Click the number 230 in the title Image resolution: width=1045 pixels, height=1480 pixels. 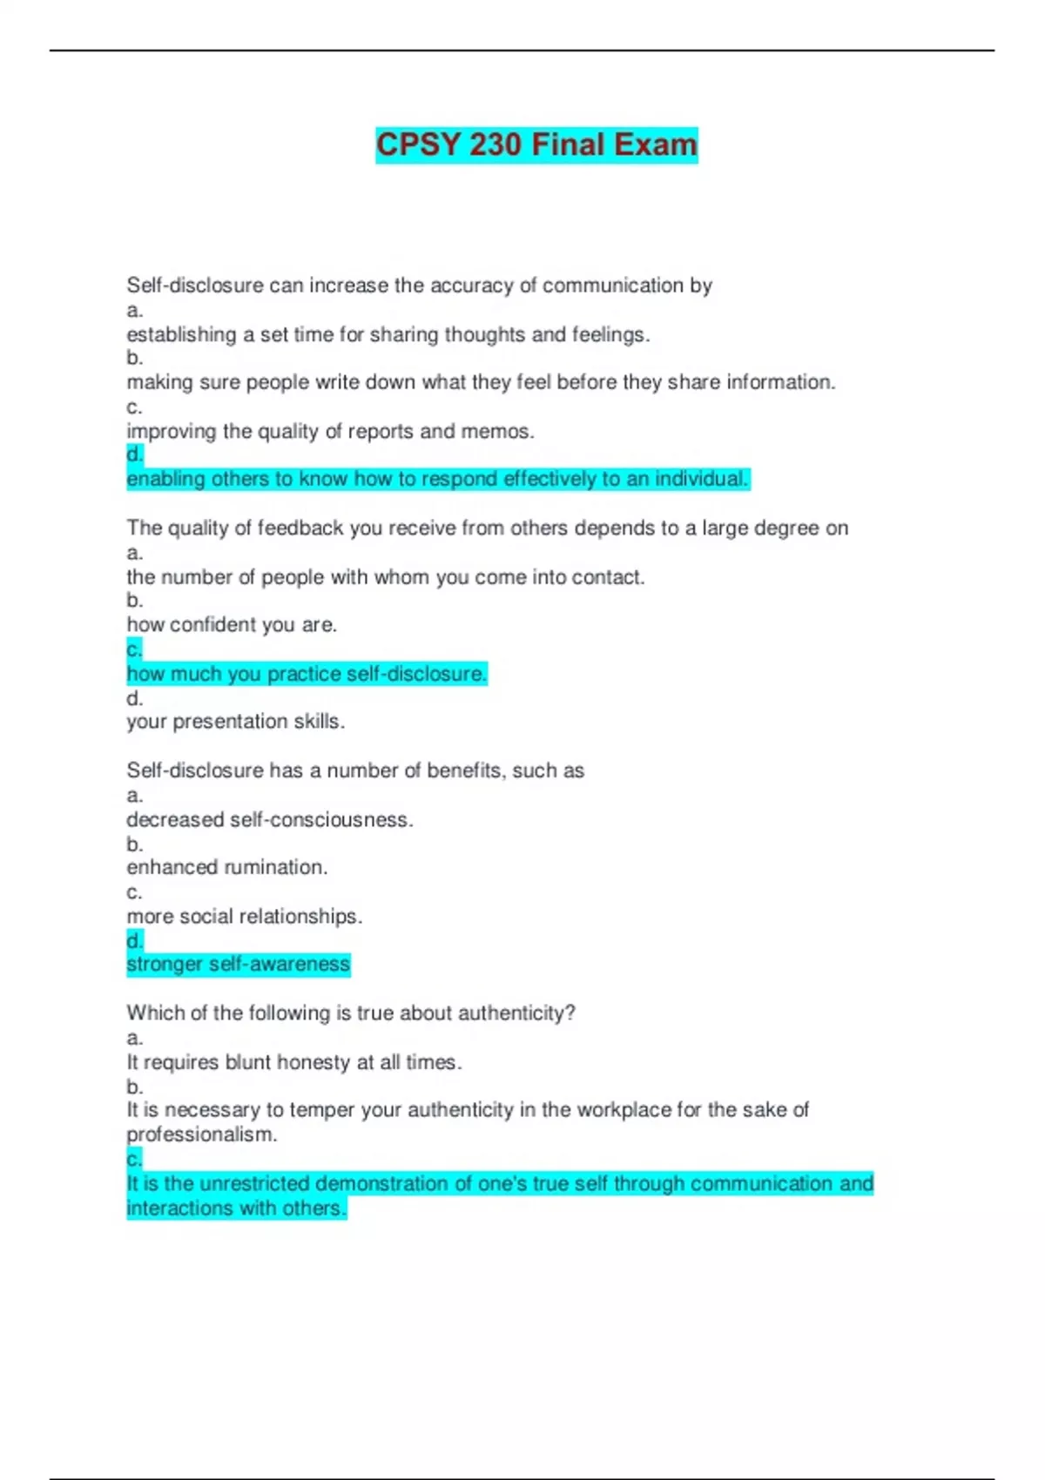(x=495, y=145)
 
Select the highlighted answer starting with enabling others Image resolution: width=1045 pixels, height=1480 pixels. (x=437, y=479)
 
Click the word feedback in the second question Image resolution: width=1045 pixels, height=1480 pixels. (x=300, y=528)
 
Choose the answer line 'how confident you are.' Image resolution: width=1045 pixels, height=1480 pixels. (x=232, y=625)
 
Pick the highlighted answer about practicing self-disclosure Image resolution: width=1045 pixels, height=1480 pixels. (x=307, y=674)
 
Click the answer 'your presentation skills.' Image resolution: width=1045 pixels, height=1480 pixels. (x=235, y=722)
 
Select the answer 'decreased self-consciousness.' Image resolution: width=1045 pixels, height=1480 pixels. (x=270, y=820)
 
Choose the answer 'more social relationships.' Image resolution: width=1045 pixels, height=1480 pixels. (x=245, y=917)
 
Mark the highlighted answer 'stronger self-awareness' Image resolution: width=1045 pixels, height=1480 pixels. (x=238, y=965)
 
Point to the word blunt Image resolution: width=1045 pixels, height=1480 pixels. (x=249, y=1063)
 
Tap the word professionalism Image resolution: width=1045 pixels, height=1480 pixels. (x=201, y=1135)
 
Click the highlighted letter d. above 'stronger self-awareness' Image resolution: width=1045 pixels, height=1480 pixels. (x=134, y=941)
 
